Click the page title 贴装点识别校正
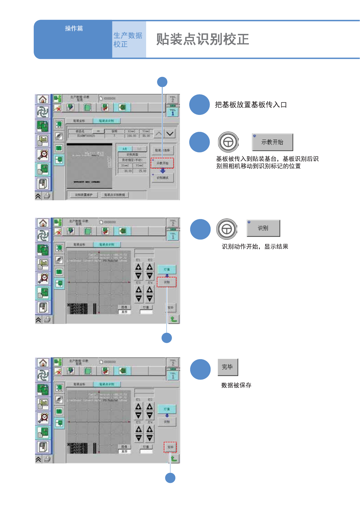pyautogui.click(x=203, y=40)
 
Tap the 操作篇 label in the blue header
pyautogui.click(x=74, y=29)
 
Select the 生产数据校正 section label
pyautogui.click(x=128, y=40)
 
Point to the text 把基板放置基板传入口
pyautogui.click(x=251, y=105)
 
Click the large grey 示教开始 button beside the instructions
pyautogui.click(x=273, y=142)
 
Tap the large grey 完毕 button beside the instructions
pyautogui.click(x=228, y=367)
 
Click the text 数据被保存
pyautogui.click(x=236, y=385)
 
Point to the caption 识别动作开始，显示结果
pyautogui.click(x=255, y=246)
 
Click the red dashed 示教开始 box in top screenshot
pyautogui.click(x=162, y=163)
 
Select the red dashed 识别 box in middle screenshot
pyautogui.click(x=167, y=282)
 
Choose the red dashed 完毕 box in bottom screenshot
pyautogui.click(x=170, y=447)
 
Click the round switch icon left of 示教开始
pyautogui.click(x=228, y=142)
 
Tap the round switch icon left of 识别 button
pyautogui.click(x=227, y=229)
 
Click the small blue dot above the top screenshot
pyautogui.click(x=162, y=82)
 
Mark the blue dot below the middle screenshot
pyautogui.click(x=166, y=338)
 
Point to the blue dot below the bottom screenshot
pyautogui.click(x=170, y=478)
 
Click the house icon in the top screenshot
pyautogui.click(x=43, y=99)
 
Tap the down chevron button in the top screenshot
pyautogui.click(x=170, y=133)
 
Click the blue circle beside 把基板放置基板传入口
pyautogui.click(x=200, y=105)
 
